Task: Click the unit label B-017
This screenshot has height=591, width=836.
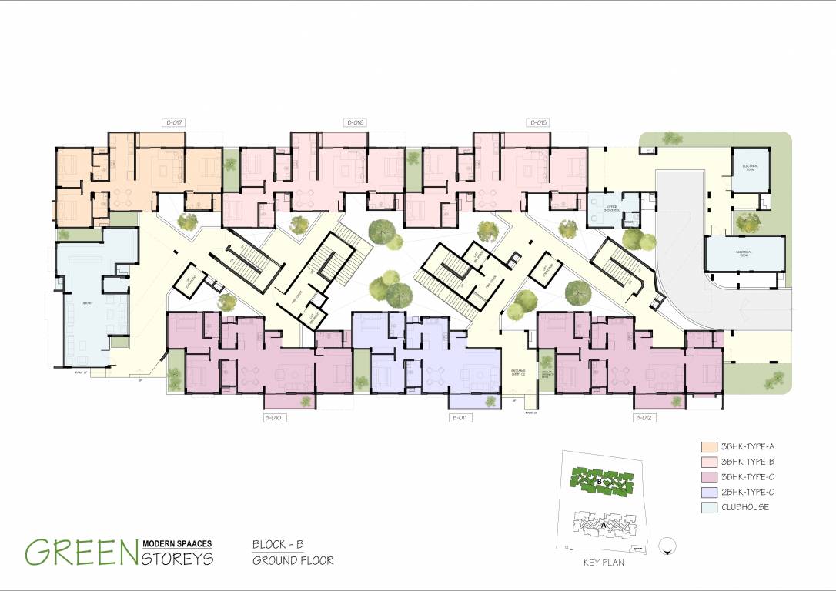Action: coord(172,122)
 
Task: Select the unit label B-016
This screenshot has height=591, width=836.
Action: coord(354,122)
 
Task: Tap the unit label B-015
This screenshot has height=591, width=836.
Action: coord(537,122)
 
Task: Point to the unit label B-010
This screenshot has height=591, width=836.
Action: coord(275,418)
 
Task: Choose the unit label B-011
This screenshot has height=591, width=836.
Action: coord(460,418)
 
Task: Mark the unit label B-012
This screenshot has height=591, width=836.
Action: coord(644,418)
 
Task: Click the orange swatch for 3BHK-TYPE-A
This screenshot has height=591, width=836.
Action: coord(709,447)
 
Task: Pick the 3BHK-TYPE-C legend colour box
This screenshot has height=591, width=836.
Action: coord(709,477)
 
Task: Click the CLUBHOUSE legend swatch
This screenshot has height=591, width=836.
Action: coord(709,507)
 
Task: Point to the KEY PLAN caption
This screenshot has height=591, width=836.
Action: coord(604,563)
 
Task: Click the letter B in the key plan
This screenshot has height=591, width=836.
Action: coord(599,482)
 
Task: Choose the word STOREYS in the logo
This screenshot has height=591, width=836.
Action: coord(177,559)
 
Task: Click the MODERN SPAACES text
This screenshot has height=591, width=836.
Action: coord(177,543)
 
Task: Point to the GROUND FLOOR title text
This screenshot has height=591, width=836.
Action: coord(293,560)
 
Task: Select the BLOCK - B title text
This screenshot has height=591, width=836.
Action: coord(278,544)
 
